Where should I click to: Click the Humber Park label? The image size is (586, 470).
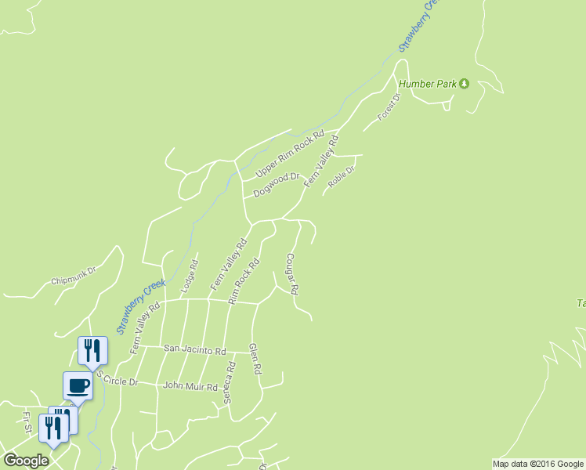pyautogui.click(x=427, y=84)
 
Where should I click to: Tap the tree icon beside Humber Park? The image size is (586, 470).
pyautogui.click(x=464, y=84)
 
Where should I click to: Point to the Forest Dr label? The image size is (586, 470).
pyautogui.click(x=389, y=107)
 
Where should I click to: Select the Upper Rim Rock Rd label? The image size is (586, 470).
pyautogui.click(x=290, y=154)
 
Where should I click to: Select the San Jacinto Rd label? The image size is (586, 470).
pyautogui.click(x=194, y=350)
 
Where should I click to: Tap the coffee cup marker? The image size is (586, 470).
pyautogui.click(x=78, y=385)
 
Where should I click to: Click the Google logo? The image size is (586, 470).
pyautogui.click(x=26, y=461)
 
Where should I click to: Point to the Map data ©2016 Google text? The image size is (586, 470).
pyautogui.click(x=537, y=464)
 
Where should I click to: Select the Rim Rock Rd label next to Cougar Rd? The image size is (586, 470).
pyautogui.click(x=244, y=282)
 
